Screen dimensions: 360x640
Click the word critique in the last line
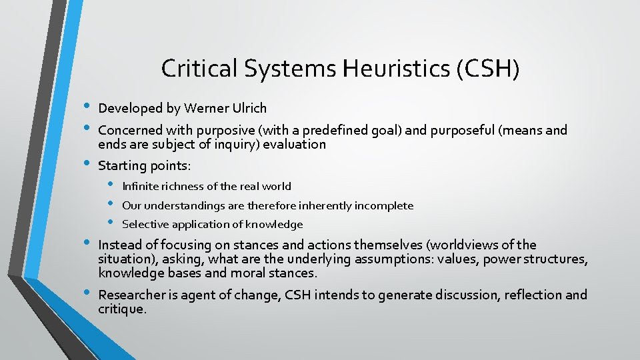tap(121, 309)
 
